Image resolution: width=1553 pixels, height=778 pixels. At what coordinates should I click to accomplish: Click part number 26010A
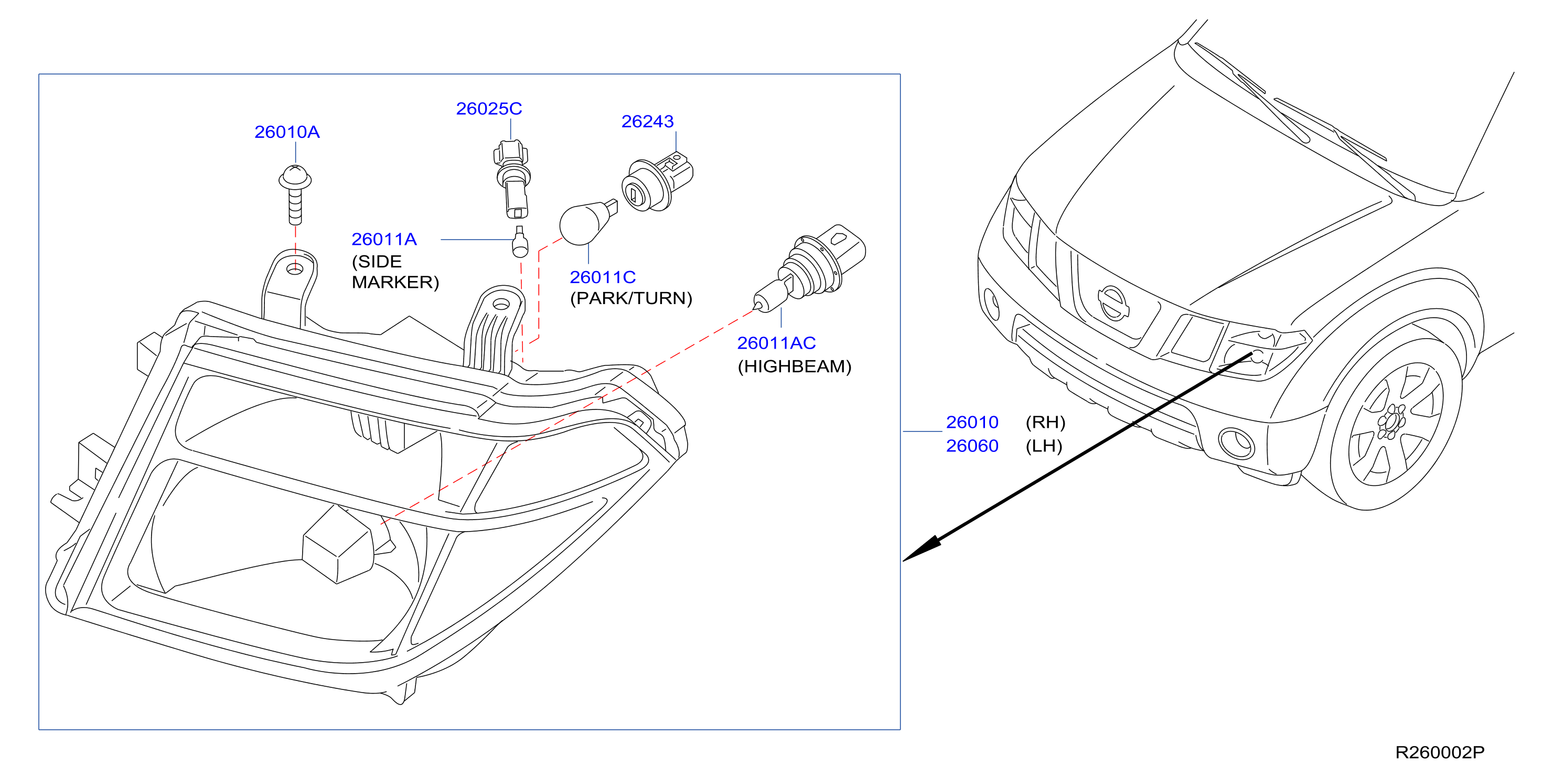[287, 132]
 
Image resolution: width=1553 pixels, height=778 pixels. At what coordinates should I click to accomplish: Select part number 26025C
[489, 109]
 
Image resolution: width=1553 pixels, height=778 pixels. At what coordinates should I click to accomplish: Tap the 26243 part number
[648, 121]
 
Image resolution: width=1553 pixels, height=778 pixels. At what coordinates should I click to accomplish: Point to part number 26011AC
[776, 343]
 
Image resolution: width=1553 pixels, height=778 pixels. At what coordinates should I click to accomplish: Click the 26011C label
[603, 277]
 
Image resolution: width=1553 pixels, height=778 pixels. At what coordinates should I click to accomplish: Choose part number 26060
[972, 446]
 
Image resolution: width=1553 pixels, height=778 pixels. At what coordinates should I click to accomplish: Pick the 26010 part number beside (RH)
[972, 422]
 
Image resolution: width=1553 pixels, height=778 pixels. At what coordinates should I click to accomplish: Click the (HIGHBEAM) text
[795, 366]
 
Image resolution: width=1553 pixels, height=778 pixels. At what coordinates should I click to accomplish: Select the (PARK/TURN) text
[631, 298]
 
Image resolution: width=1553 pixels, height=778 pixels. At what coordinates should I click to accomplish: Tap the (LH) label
[1044, 446]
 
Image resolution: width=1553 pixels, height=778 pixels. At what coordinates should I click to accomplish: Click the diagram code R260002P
[1440, 752]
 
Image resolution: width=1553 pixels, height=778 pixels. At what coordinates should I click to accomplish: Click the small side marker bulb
[520, 242]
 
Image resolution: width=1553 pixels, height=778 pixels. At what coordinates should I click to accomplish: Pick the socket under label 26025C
[512, 178]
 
